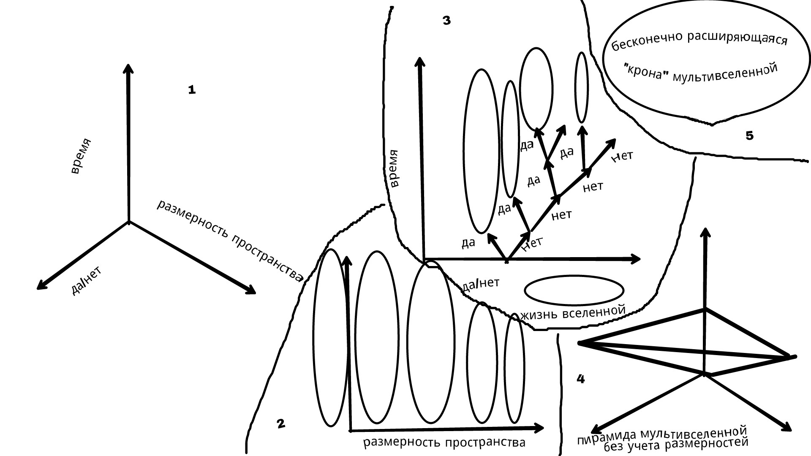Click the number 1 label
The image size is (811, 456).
[192, 90]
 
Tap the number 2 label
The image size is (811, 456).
[280, 423]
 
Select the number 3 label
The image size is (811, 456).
[446, 21]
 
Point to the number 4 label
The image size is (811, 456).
[581, 379]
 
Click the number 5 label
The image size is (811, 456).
[749, 136]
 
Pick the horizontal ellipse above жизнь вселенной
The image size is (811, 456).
[574, 290]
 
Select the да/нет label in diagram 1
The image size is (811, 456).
[86, 281]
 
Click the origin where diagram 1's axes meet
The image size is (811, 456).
[128, 221]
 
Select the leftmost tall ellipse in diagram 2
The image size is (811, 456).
[330, 338]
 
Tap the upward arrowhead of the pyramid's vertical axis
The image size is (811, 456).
[704, 233]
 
